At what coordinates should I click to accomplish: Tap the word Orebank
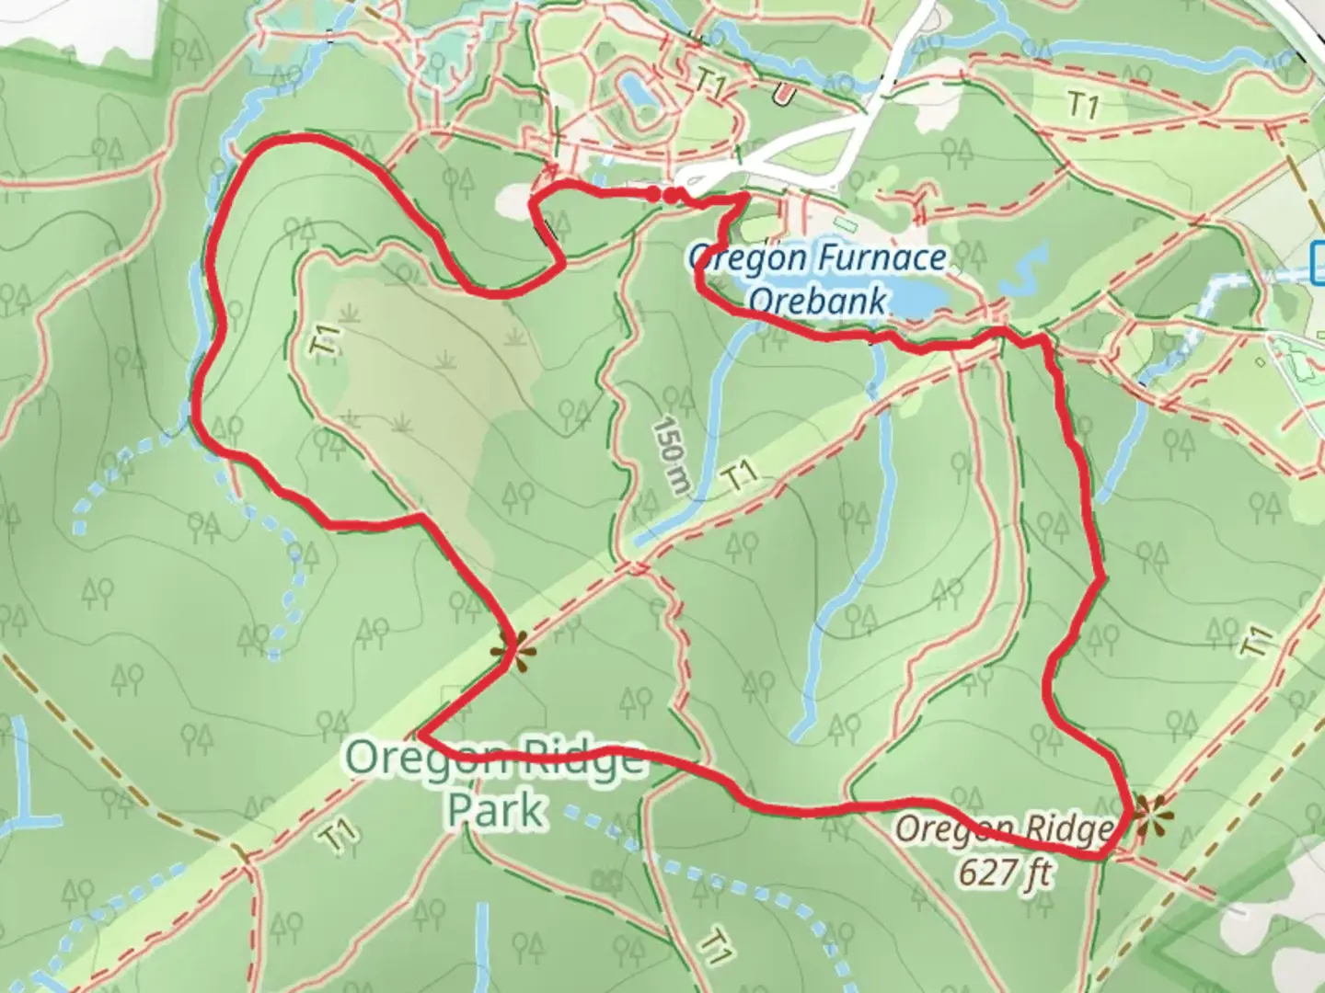(818, 300)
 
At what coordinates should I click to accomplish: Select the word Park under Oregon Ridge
(494, 810)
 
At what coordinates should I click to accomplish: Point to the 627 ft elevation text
(1004, 869)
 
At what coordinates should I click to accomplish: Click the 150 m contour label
(670, 456)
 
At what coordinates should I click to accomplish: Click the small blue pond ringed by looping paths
(635, 90)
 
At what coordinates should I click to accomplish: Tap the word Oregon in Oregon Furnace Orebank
(742, 258)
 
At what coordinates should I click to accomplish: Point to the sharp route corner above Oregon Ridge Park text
(421, 736)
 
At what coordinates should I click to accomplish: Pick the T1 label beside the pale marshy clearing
(325, 341)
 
